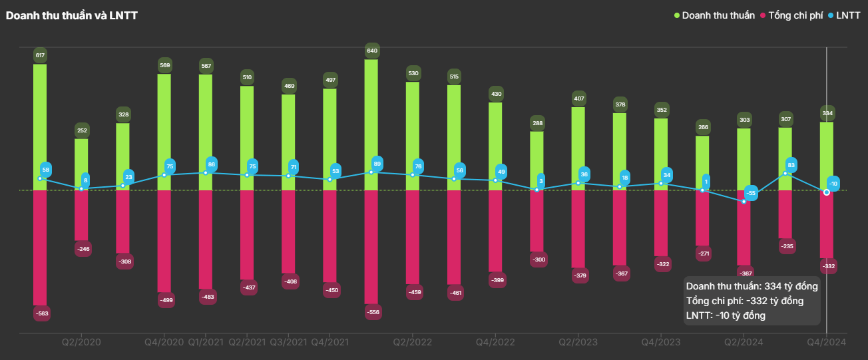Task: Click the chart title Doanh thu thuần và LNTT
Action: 72,15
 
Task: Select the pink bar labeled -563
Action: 40,248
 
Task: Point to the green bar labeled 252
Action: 81,164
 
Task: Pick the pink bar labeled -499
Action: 164,241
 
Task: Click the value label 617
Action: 40,55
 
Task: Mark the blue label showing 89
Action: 377,164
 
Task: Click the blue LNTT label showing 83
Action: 791,164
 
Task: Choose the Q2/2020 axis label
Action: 81,342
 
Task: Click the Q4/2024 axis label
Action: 826,342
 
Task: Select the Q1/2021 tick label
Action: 206,342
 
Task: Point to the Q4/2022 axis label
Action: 495,342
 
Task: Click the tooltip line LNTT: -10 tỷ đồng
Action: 726,315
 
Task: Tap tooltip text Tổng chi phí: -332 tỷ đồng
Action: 744,301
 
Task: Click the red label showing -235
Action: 785,247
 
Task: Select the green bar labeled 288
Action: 537,160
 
